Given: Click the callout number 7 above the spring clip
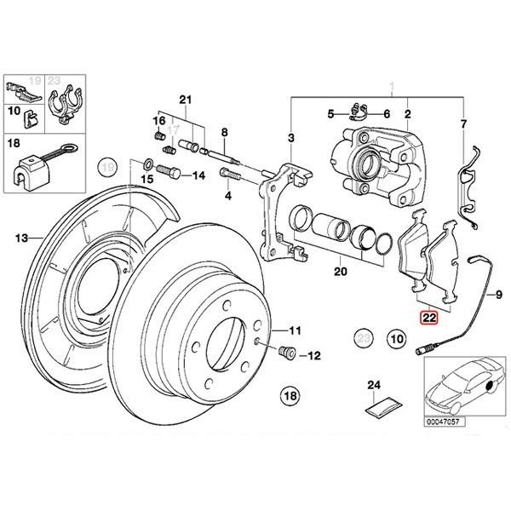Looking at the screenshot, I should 464,125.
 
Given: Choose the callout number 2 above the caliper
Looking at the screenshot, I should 408,113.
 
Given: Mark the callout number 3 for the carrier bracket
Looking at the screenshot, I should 291,137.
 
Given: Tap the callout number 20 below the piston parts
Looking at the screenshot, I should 341,274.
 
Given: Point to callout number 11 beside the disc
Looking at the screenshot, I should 295,330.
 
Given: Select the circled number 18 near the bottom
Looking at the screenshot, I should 291,395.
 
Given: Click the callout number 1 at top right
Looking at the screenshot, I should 393,86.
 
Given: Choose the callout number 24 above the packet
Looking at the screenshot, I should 371,386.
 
